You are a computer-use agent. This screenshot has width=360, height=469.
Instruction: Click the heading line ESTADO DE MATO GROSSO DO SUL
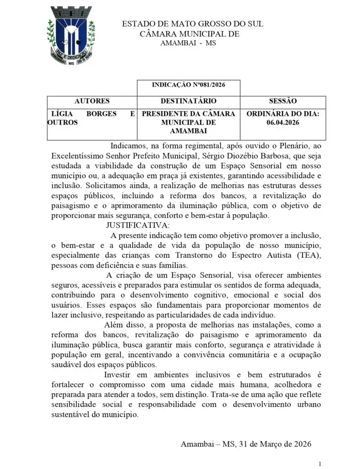tap(192, 24)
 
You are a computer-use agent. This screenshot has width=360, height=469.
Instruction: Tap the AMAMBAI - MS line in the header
tap(188, 43)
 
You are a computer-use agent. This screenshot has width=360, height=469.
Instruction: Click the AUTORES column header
tap(92, 101)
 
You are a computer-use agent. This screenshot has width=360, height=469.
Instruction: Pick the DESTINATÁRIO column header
tap(189, 101)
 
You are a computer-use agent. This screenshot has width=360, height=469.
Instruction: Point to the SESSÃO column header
tap(283, 101)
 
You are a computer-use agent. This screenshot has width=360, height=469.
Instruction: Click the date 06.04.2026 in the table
tap(283, 122)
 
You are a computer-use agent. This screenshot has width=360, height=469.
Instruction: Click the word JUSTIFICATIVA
tap(138, 225)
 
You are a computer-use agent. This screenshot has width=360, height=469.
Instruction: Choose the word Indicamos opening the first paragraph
tap(128, 146)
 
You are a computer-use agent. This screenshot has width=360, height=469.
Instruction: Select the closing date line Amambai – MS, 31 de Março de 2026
tap(246, 444)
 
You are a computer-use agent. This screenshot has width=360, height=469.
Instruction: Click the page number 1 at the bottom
tap(320, 463)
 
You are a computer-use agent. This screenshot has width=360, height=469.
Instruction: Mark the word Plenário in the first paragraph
tap(289, 146)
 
